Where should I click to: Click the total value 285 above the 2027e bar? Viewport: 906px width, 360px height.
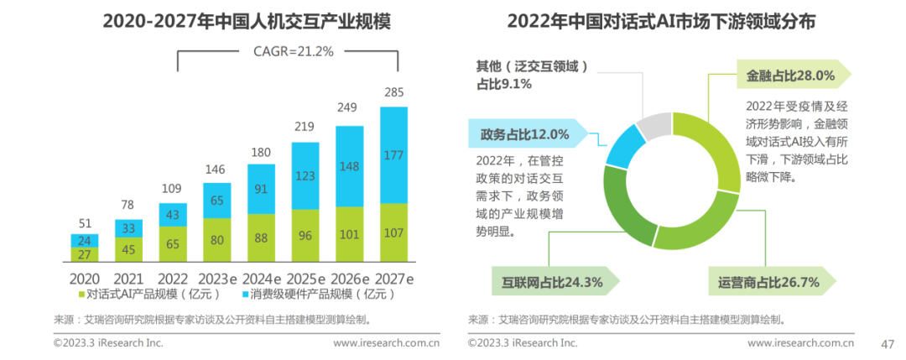pyautogui.click(x=393, y=91)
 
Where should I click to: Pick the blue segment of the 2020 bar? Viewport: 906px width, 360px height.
pyautogui.click(x=85, y=240)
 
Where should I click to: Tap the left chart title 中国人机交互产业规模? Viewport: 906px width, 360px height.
pyautogui.click(x=234, y=21)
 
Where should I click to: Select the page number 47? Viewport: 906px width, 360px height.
pyautogui.click(x=886, y=342)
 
